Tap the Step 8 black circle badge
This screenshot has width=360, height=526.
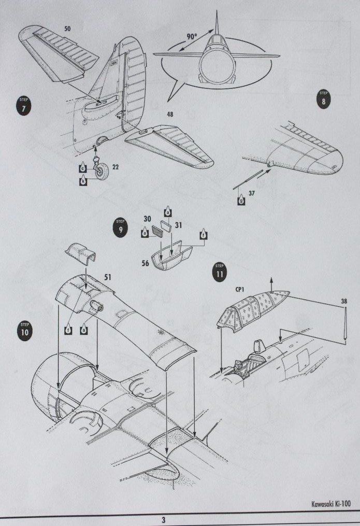[x=324, y=99]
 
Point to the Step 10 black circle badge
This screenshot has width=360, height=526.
[x=24, y=331]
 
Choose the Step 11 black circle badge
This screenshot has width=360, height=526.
[x=220, y=273]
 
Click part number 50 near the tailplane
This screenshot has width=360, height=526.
[x=67, y=29]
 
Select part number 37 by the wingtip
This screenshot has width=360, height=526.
[x=253, y=193]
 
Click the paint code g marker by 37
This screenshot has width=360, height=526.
[x=240, y=200]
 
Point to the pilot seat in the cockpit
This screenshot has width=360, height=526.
[x=255, y=348]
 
